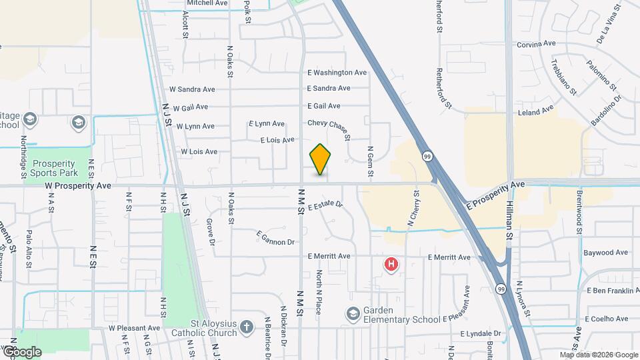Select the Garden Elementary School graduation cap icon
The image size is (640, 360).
coord(353,313)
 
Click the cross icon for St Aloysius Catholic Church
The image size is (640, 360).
coord(247,327)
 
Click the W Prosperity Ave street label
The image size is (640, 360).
coord(78,186)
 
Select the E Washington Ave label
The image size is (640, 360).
coord(337,73)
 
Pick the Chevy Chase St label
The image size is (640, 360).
coord(329,124)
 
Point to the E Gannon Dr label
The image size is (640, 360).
coord(275,239)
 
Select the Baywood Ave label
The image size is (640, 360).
coord(605,253)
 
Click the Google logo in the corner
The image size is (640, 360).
coord(21,351)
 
